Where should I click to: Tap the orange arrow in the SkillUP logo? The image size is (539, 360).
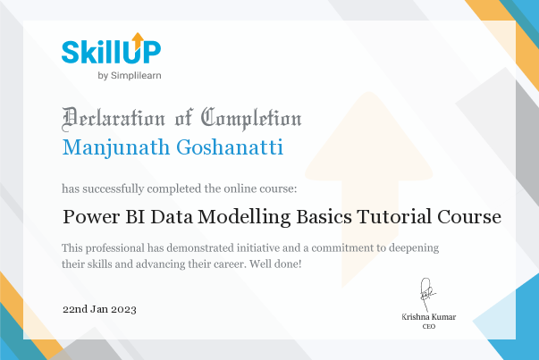(137, 39)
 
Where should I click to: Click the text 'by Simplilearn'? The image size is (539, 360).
(130, 76)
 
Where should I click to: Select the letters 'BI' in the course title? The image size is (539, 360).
(136, 216)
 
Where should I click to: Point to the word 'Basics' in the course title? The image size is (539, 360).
(325, 216)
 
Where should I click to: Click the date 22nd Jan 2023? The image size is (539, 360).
(99, 308)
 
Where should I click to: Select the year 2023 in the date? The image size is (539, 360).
(124, 308)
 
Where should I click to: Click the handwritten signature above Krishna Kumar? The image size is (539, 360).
(428, 293)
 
